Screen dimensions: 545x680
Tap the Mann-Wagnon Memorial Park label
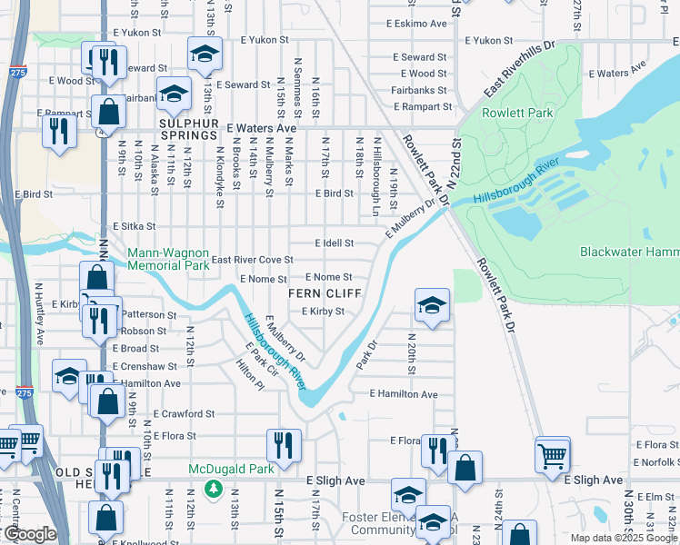click(169, 260)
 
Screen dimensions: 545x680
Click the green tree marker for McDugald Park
click(214, 490)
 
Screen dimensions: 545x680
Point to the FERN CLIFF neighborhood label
click(325, 294)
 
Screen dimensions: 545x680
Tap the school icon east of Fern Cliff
click(432, 305)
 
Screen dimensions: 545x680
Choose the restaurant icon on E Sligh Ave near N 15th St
click(284, 445)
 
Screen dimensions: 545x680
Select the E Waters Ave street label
click(262, 129)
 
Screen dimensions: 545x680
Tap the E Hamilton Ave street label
click(404, 394)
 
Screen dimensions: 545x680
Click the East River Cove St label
click(252, 261)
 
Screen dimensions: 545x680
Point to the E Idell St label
click(334, 243)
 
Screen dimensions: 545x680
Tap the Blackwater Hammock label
click(629, 252)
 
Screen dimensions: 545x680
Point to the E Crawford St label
click(184, 413)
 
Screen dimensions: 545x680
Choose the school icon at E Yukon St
click(205, 55)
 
